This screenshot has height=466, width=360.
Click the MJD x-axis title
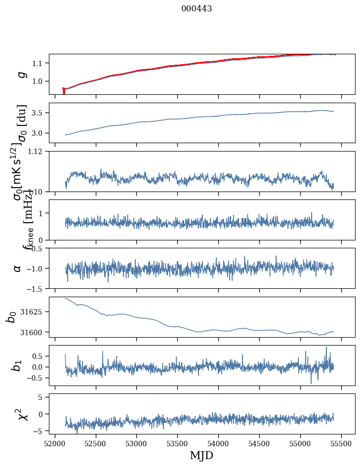tap(201, 455)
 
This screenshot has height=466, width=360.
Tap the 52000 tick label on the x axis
tap(55, 443)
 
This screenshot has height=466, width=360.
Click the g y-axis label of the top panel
tap(21, 74)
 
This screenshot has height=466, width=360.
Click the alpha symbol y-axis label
tap(18, 268)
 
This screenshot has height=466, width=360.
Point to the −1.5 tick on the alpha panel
tap(36, 288)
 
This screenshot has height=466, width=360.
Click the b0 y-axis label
tap(11, 317)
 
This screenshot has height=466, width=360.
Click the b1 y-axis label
tap(17, 365)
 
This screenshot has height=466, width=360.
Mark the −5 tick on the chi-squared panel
tap(39, 431)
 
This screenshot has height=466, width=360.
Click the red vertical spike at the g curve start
tap(64, 91)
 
